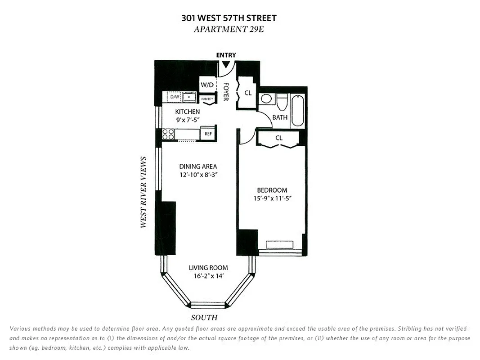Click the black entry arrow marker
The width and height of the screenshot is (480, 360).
tap(226, 64)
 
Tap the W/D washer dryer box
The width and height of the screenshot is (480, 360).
tap(207, 85)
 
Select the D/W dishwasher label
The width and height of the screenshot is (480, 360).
tap(174, 97)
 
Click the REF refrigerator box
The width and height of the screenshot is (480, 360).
tap(208, 134)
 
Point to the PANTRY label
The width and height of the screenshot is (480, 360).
tap(207, 99)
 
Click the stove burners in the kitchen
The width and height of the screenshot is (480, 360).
tap(168, 134)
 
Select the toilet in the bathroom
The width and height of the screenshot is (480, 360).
tap(282, 102)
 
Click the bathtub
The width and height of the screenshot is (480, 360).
tap(298, 110)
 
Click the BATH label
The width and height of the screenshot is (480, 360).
tap(280, 117)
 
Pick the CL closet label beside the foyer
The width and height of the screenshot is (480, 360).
tap(248, 93)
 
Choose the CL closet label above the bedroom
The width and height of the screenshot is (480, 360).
tap(279, 138)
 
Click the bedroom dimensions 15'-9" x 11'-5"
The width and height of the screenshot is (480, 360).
tap(272, 198)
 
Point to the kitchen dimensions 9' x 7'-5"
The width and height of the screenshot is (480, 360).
tap(188, 120)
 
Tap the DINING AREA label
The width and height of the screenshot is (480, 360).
tap(198, 166)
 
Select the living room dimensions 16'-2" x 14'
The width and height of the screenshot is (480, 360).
tap(208, 276)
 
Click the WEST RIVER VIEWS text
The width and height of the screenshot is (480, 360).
tap(144, 192)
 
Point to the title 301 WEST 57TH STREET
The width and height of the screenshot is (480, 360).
tap(229, 18)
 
